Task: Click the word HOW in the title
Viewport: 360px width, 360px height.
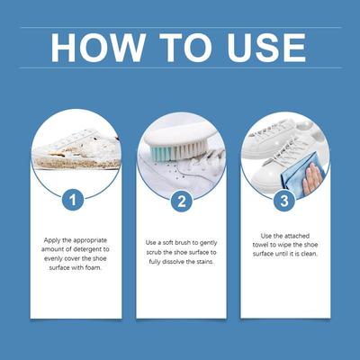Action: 97,48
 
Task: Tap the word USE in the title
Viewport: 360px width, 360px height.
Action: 266,48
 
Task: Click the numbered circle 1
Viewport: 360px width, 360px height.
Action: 73,200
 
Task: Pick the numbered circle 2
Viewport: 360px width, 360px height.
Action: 182,202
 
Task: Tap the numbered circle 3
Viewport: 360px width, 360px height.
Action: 284,201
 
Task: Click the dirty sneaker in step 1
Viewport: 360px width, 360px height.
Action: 76,149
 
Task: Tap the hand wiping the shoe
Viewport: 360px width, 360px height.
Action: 311,178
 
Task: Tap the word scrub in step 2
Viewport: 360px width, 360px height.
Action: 154,252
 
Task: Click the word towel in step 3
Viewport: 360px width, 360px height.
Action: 260,245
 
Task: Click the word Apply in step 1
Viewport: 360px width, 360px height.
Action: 50,240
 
